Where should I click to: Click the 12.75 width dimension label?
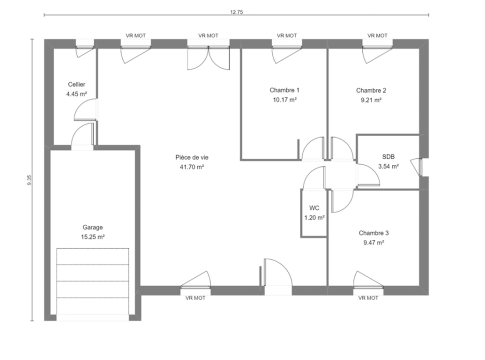click(236, 12)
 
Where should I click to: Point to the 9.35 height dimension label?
click(29, 180)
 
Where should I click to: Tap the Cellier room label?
click(76, 84)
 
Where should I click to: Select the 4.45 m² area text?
click(76, 94)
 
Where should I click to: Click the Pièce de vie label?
click(192, 157)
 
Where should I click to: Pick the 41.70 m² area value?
click(192, 167)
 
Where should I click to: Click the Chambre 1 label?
click(284, 90)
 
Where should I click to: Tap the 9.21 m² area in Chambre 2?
click(371, 100)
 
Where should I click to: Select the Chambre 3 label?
click(373, 233)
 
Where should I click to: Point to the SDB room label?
click(388, 157)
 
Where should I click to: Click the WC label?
click(314, 208)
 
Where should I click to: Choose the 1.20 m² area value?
click(314, 217)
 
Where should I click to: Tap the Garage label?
click(92, 227)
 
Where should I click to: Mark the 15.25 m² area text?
click(92, 237)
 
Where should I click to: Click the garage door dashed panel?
click(92, 281)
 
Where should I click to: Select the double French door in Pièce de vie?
click(208, 58)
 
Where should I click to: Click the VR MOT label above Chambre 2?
click(377, 35)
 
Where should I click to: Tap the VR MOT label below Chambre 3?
click(368, 298)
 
